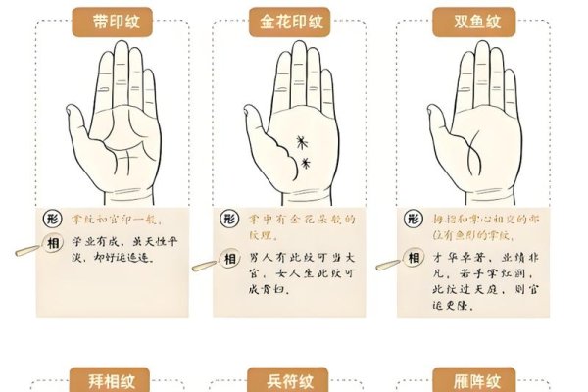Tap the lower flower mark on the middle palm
point(306,163)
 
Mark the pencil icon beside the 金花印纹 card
point(203,265)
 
